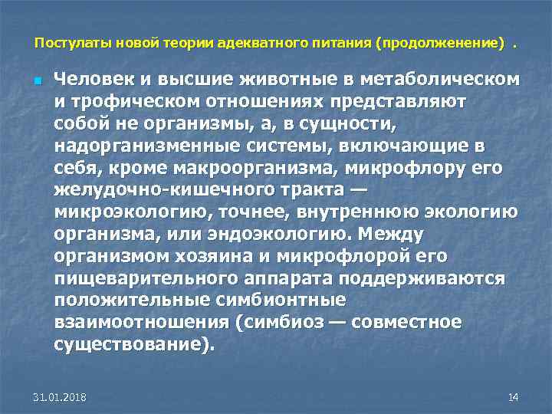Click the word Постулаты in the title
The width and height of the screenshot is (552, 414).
click(x=65, y=44)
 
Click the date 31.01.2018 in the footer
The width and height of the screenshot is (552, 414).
click(x=60, y=397)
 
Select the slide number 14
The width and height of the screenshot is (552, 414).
click(x=513, y=397)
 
